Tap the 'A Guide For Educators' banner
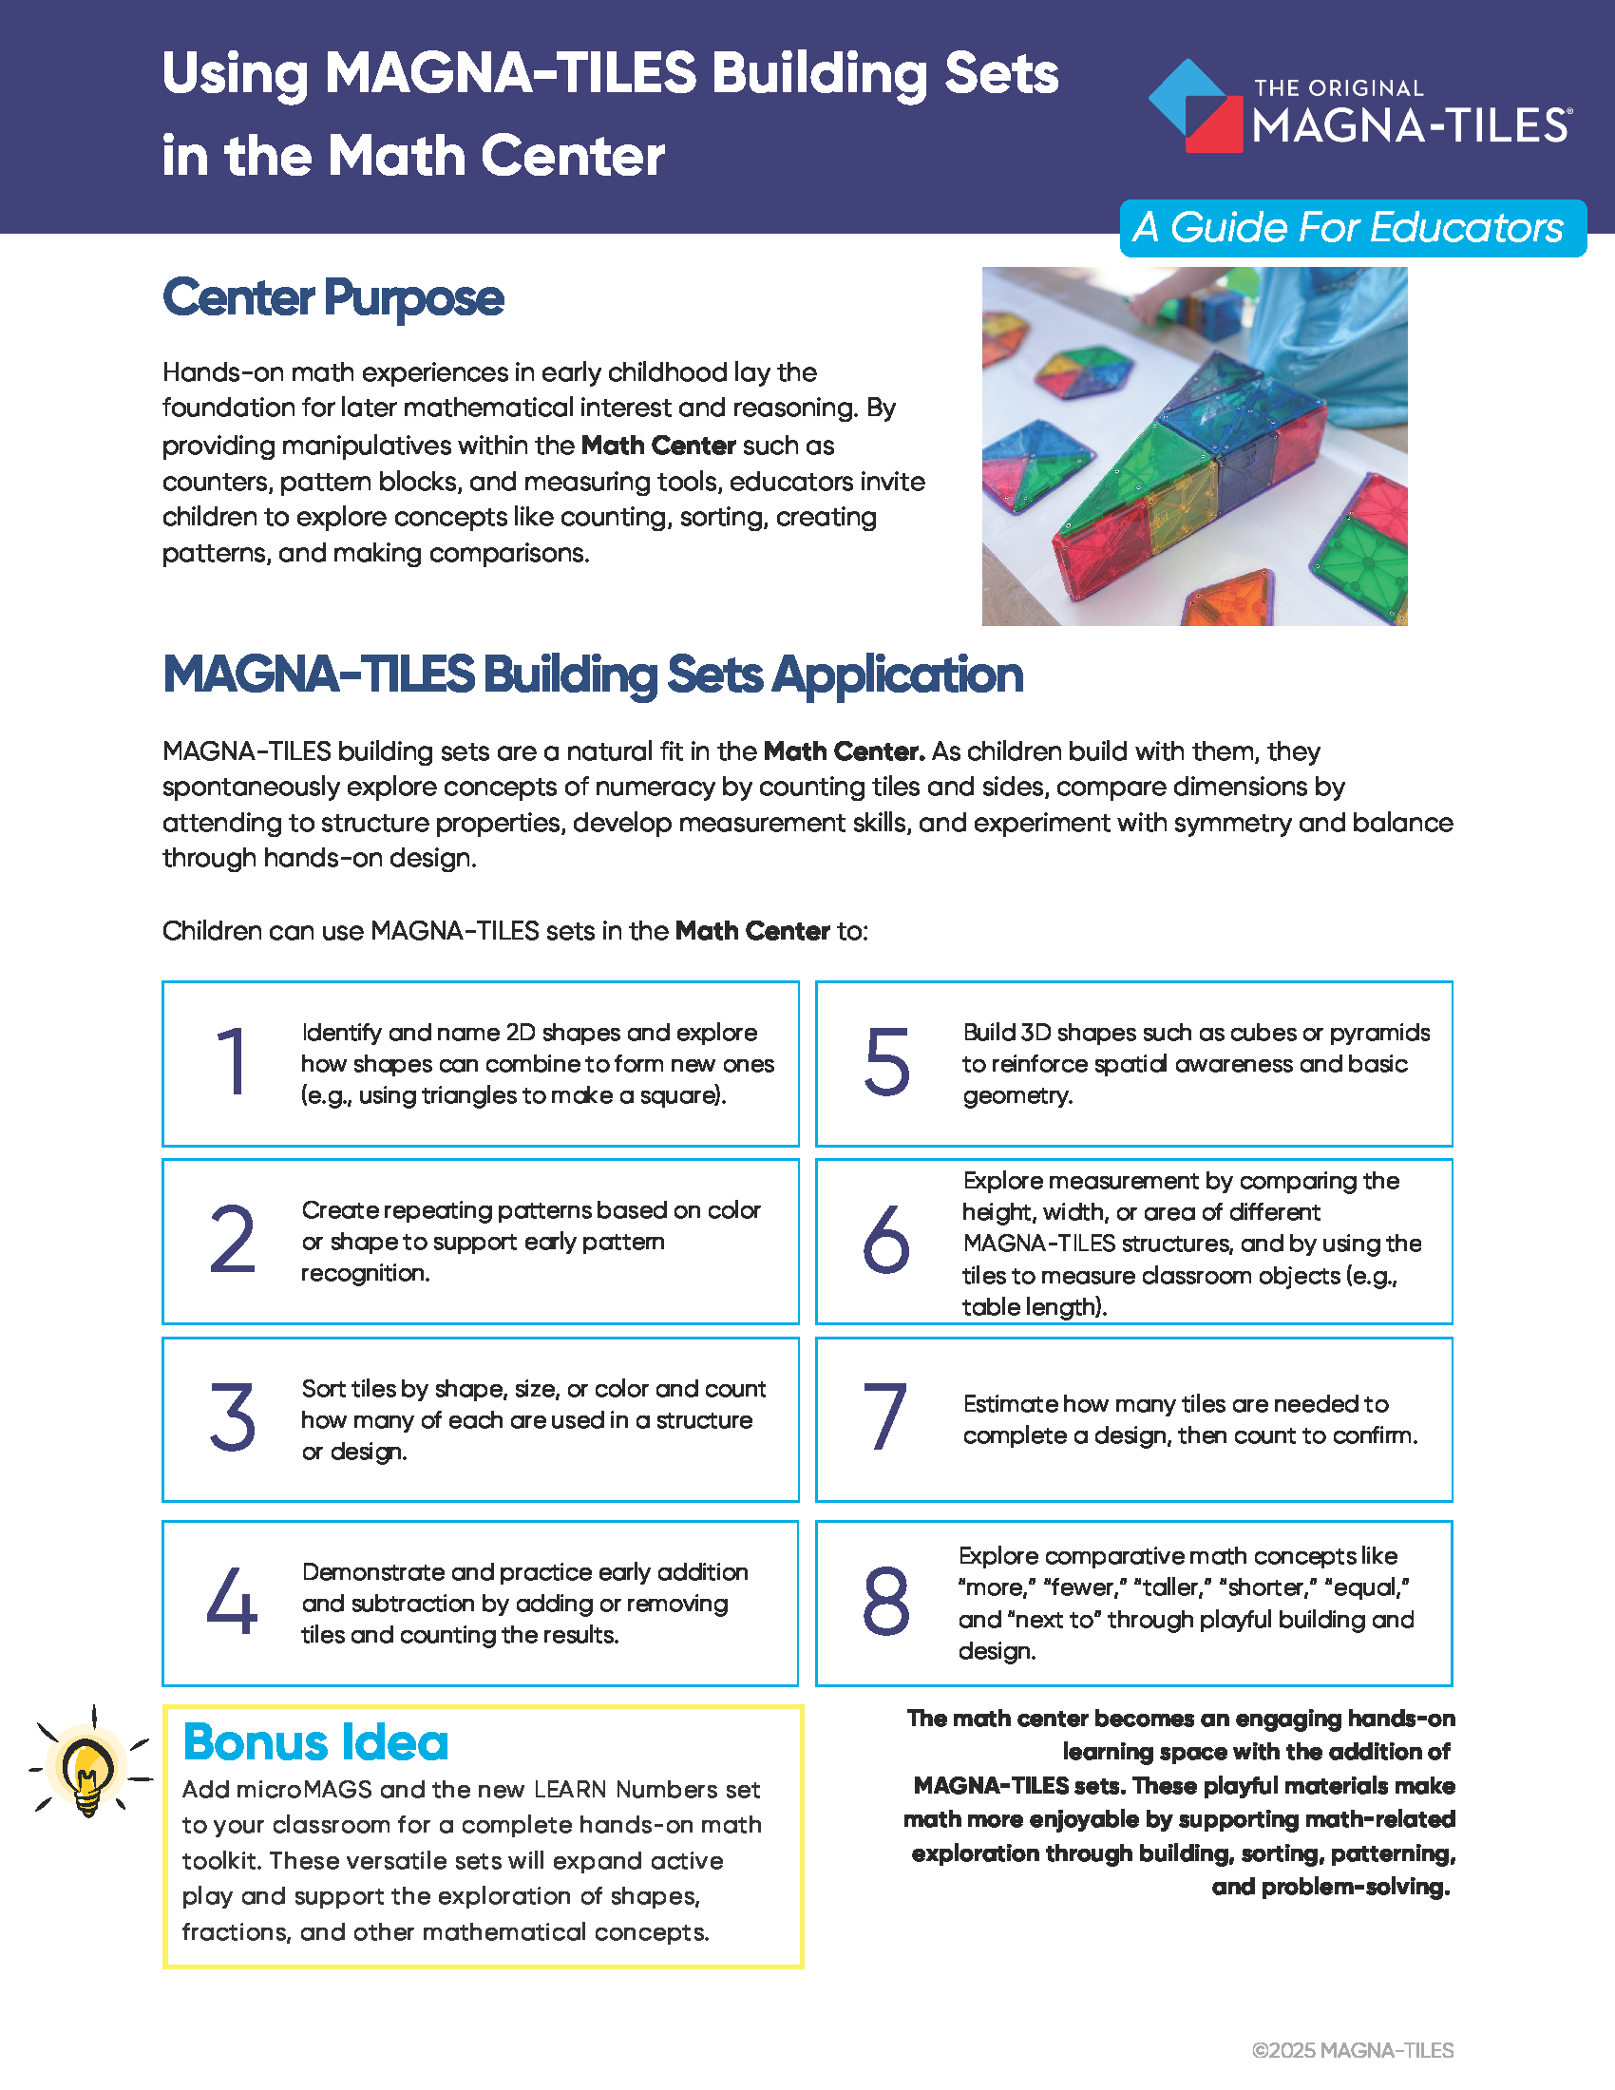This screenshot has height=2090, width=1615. [x=1352, y=228]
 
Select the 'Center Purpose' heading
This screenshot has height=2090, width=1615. [x=332, y=297]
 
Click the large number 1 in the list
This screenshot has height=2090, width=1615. [x=233, y=1061]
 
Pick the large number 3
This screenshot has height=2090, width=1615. [x=233, y=1418]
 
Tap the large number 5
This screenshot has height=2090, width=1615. [x=886, y=1061]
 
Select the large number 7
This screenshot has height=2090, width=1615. [x=886, y=1418]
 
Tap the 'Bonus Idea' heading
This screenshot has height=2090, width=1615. [x=315, y=1742]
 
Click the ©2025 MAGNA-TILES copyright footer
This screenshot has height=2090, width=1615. [x=1352, y=2050]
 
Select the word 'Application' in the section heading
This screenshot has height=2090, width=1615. [x=898, y=675]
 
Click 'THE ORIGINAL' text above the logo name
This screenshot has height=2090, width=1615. [x=1339, y=88]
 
